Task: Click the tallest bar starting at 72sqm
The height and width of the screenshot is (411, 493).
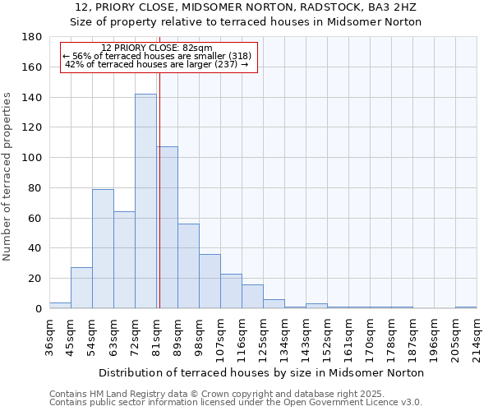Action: click(145, 201)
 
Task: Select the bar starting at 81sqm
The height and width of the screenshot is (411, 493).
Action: click(167, 228)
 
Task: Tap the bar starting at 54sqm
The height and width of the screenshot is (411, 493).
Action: click(103, 248)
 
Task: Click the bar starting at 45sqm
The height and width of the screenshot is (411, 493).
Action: click(81, 288)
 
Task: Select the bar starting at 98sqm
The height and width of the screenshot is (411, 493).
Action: click(210, 281)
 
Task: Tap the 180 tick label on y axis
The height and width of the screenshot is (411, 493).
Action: click(33, 37)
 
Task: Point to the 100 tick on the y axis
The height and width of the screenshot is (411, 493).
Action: click(33, 158)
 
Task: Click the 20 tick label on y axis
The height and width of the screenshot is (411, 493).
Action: click(36, 279)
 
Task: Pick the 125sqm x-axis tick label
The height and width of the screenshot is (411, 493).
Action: click(263, 337)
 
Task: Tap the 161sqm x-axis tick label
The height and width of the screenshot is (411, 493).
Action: click(348, 337)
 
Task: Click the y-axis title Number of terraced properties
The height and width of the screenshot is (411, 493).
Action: click(7, 176)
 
